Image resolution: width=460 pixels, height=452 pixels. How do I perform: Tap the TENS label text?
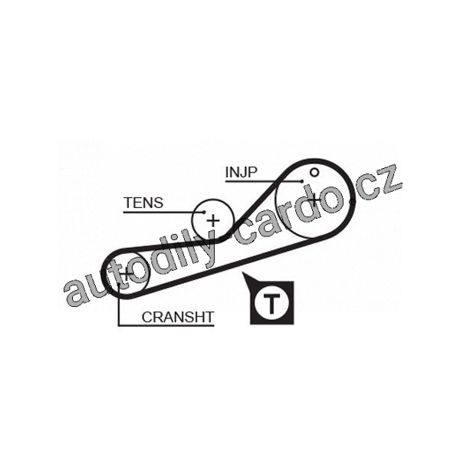click(x=143, y=203)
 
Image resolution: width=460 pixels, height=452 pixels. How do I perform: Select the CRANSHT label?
click(x=177, y=316)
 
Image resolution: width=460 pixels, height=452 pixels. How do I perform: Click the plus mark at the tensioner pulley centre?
click(x=212, y=221)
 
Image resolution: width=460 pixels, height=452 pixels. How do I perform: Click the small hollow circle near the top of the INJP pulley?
click(x=314, y=171)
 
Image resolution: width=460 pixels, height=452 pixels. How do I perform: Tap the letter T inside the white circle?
click(x=272, y=302)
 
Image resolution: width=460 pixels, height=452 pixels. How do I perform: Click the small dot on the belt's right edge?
click(x=350, y=200)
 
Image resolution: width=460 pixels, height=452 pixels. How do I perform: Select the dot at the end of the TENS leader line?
click(x=205, y=212)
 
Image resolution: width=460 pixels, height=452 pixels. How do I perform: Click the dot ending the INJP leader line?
click(x=303, y=181)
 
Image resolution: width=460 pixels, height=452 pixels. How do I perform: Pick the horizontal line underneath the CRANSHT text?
click(x=166, y=325)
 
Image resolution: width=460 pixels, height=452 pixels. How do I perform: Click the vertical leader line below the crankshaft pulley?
click(x=118, y=307)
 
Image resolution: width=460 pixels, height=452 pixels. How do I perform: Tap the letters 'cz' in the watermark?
click(x=383, y=184)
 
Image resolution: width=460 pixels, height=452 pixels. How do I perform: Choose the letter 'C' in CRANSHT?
click(x=146, y=316)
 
